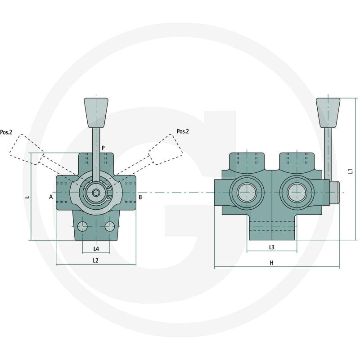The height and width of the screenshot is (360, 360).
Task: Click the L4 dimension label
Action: pos(96,249)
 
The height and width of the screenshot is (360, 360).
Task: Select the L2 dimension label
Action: pos(95,261)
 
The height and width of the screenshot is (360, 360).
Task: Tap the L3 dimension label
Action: pos(272,247)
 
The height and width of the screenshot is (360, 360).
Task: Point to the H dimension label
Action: pos(272,263)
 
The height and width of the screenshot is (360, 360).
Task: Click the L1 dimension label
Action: pos(351,171)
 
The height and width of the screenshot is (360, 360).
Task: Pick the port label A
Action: pos(51,197)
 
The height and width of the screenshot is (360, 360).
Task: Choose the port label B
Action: pos(140,197)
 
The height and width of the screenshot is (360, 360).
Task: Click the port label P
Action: pos(103,148)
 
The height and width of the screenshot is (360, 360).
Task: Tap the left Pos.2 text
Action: pos(6,132)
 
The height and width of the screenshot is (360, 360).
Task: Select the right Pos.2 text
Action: pos(183,131)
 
